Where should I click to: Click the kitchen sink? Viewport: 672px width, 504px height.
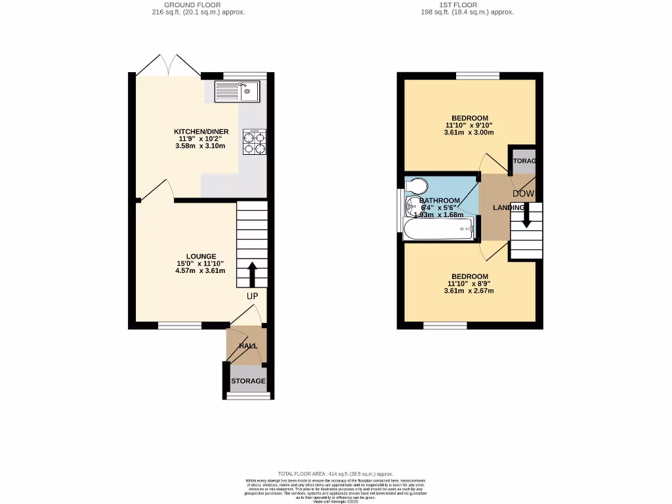(x=237, y=92)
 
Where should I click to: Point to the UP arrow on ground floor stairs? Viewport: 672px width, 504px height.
(x=252, y=274)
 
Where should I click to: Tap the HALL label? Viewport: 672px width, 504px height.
(x=248, y=346)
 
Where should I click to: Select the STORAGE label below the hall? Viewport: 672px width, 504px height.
(x=248, y=381)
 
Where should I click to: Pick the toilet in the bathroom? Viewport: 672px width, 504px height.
(x=416, y=186)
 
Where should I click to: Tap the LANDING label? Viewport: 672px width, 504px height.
(x=509, y=208)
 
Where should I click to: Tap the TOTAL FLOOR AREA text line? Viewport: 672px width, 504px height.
(x=335, y=474)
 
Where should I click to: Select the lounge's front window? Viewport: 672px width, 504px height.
(x=179, y=325)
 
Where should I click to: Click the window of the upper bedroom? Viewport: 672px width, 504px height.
(x=477, y=76)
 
